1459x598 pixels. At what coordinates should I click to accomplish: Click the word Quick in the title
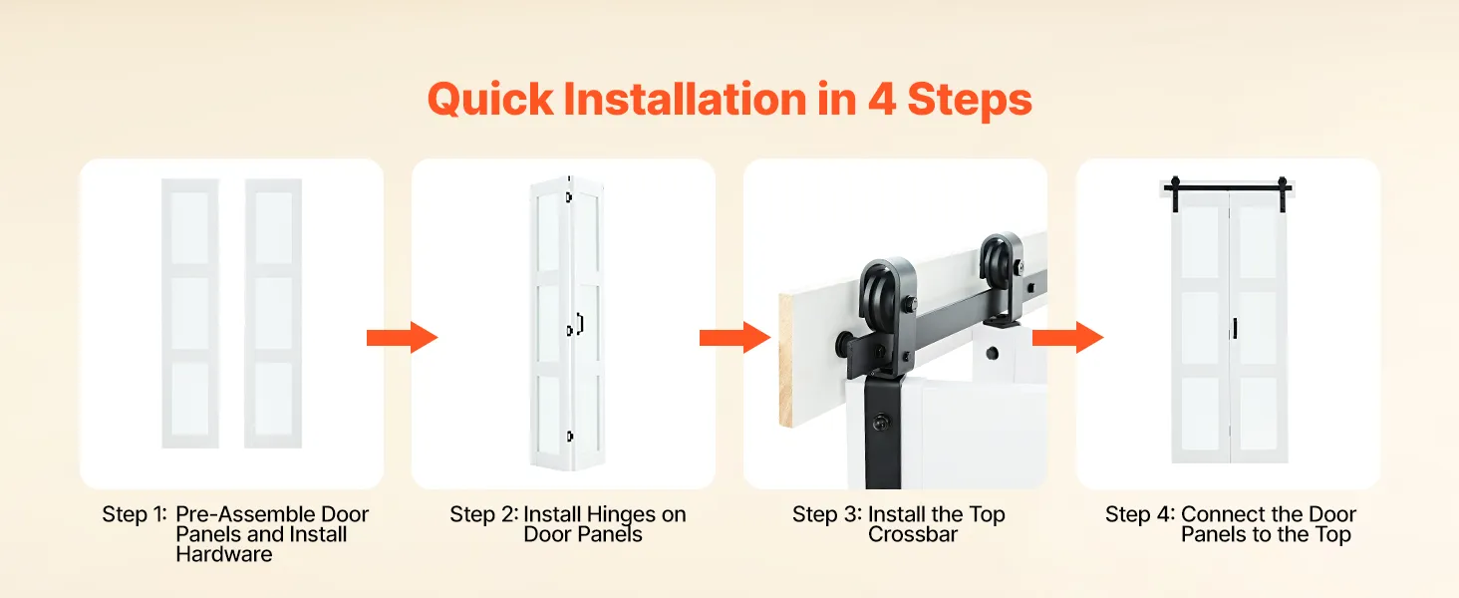(x=490, y=100)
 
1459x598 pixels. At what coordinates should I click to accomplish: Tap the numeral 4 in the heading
(x=881, y=99)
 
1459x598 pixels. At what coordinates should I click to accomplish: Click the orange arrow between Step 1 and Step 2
(x=402, y=338)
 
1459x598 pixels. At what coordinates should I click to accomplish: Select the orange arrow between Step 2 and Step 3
(x=734, y=338)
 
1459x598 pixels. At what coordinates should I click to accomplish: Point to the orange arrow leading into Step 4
(x=1067, y=338)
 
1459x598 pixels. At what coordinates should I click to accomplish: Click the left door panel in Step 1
(x=190, y=313)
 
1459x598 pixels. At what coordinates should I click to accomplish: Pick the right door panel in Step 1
(x=273, y=313)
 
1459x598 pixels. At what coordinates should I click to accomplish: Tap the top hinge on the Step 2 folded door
(x=569, y=196)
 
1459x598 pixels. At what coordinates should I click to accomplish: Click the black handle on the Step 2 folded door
(x=580, y=324)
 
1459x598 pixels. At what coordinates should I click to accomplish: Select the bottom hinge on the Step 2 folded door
(x=570, y=437)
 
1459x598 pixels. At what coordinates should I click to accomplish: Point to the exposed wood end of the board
(x=786, y=359)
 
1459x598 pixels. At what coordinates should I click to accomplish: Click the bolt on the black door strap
(x=882, y=424)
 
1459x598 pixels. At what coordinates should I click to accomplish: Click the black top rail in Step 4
(x=1229, y=189)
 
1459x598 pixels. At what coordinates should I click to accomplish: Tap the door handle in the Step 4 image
(x=1235, y=328)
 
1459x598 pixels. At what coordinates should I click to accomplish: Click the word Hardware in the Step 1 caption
(x=224, y=554)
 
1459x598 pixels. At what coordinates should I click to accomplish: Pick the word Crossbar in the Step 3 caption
(x=913, y=535)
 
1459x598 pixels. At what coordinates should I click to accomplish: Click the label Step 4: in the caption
(x=1140, y=514)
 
